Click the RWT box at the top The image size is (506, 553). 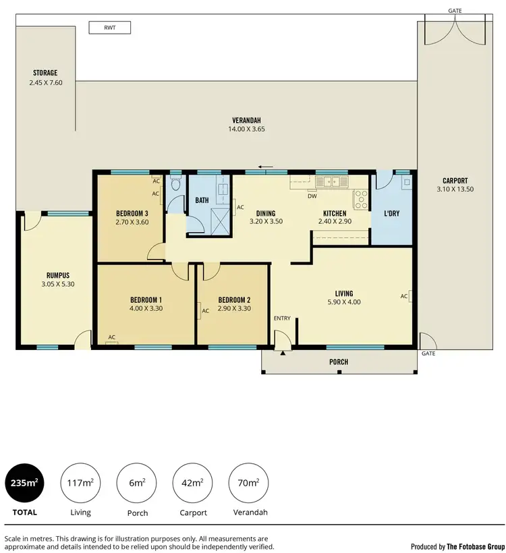(109, 28)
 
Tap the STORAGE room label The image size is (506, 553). (45, 73)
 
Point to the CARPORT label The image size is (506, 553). (455, 181)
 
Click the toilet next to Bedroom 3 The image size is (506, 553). (175, 184)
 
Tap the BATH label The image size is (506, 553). (202, 200)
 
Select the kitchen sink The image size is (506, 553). (331, 181)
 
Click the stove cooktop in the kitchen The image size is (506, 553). (360, 200)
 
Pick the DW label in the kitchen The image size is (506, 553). (312, 196)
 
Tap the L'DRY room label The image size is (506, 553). (392, 214)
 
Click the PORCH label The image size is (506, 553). (339, 362)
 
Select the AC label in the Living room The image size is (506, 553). (403, 296)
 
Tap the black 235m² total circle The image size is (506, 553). (26, 484)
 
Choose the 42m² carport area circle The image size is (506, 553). (193, 484)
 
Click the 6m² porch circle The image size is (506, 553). (137, 484)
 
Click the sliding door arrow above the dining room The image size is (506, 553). (266, 167)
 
